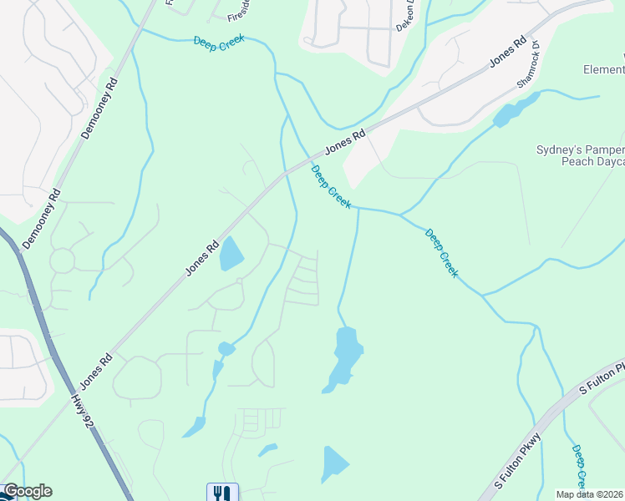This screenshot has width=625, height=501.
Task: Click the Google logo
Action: pos(27,491)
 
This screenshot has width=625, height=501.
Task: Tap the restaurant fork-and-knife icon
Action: pos(222,493)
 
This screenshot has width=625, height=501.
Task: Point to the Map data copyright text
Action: pos(590,494)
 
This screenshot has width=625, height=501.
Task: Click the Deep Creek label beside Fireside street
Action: pos(218,43)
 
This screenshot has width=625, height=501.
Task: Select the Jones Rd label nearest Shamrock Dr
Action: pos(508,52)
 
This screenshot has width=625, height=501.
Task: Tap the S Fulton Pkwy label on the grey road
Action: pos(519,462)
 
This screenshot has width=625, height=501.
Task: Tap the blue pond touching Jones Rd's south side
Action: pos(231,255)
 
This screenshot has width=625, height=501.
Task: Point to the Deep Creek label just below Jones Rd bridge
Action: pos(331,187)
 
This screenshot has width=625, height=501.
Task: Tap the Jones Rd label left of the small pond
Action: pos(202,259)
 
